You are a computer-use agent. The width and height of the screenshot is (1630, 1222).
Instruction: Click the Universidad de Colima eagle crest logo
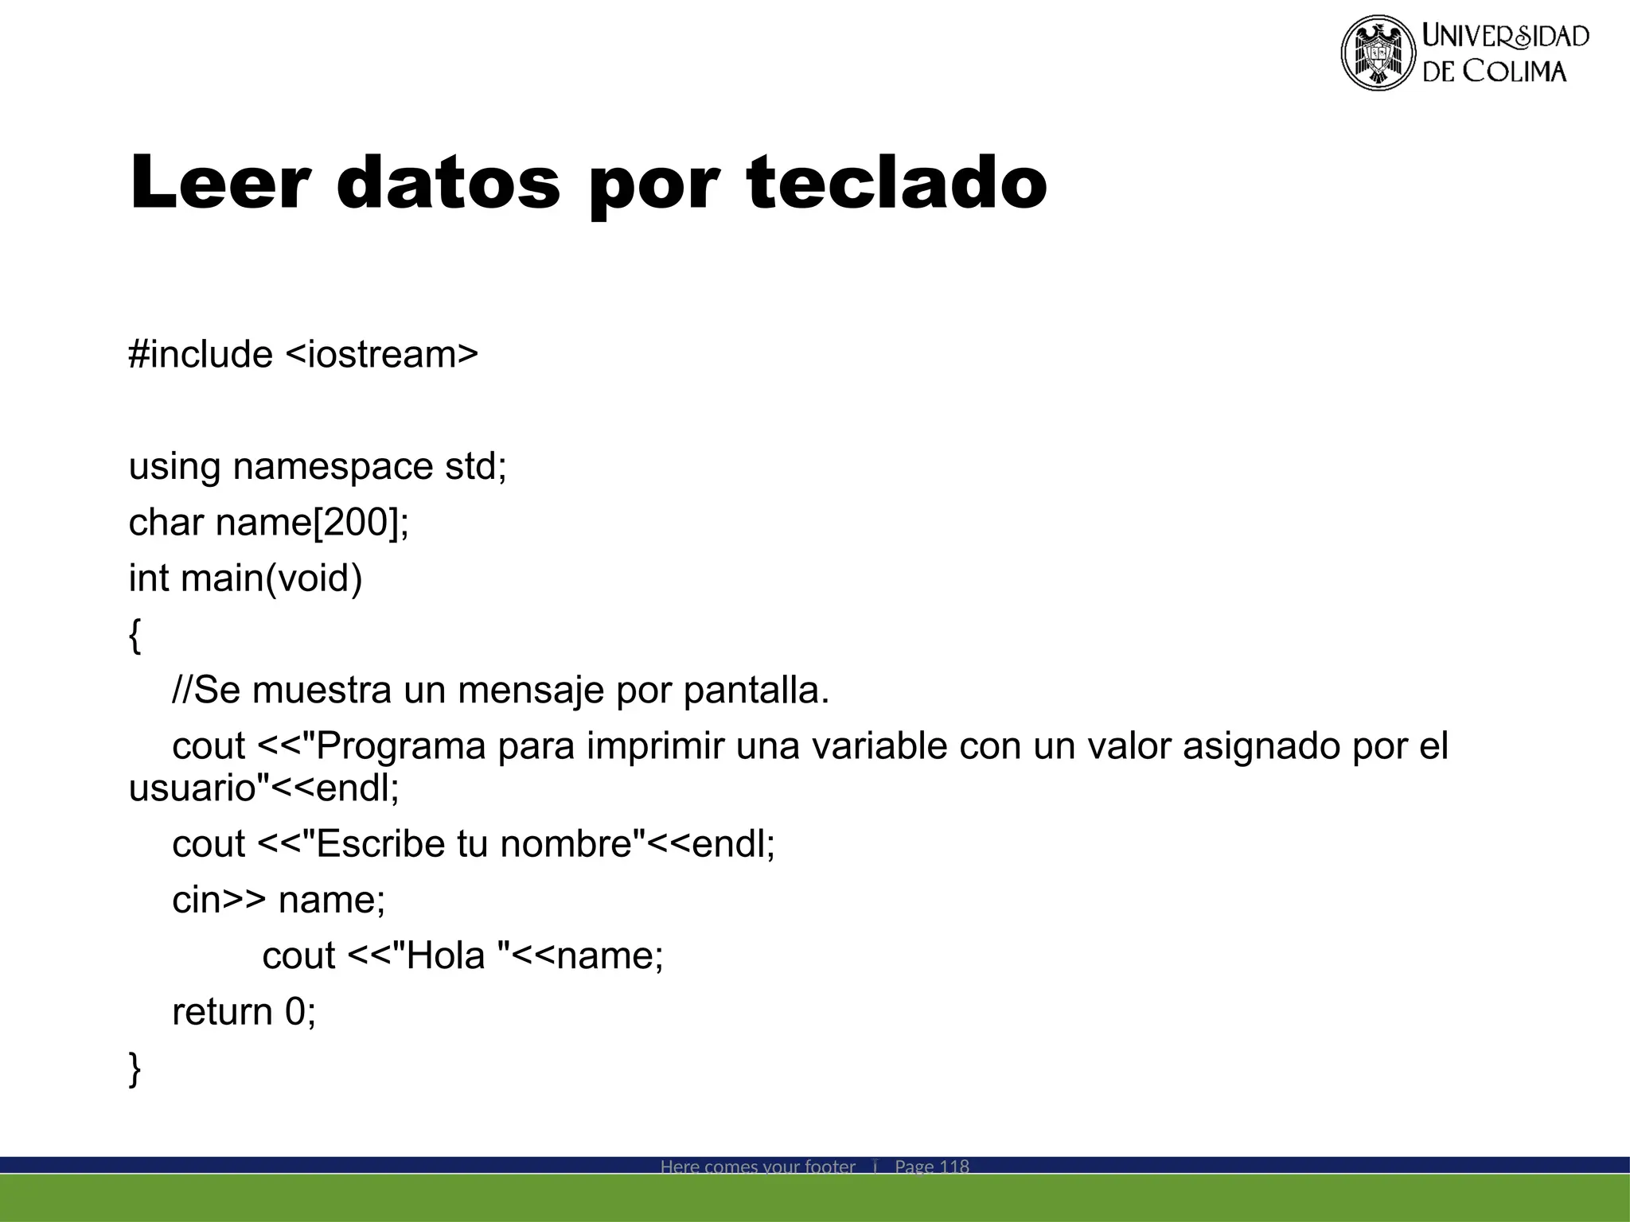(1378, 53)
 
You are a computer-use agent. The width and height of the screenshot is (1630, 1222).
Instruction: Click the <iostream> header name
(381, 354)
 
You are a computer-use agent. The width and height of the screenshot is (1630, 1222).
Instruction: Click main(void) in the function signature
(271, 578)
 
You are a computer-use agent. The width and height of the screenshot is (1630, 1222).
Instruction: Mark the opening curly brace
(135, 636)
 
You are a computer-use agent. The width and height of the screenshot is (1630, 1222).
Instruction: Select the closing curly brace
(135, 1068)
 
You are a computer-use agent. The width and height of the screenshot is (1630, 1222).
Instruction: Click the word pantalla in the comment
(757, 691)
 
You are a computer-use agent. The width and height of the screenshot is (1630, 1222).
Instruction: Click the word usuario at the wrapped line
(192, 788)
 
